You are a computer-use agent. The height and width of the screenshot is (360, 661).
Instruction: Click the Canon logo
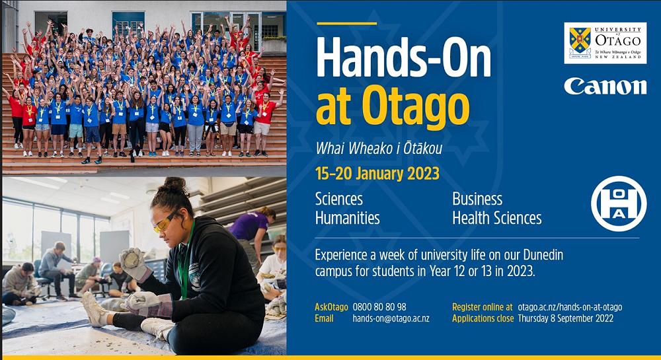coord(605,86)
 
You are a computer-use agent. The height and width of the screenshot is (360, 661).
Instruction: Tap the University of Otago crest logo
coord(605,43)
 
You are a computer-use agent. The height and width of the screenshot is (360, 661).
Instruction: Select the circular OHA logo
coord(619,203)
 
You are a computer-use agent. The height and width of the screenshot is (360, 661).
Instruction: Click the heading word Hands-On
coord(403,58)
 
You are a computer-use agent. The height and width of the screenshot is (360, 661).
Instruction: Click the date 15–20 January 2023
coord(377,174)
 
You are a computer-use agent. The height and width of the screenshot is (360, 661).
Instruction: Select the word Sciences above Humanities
coord(339,199)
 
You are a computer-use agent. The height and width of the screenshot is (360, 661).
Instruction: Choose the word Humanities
coord(348,218)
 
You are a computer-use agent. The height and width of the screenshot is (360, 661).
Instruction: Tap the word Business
coord(477,199)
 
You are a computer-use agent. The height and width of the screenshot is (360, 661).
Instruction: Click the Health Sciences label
coord(497,218)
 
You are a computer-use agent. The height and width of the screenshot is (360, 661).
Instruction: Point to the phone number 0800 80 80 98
coord(379,307)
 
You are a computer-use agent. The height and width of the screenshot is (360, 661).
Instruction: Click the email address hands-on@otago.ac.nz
coord(391,319)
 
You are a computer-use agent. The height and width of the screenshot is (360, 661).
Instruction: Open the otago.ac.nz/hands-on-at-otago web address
coord(570,307)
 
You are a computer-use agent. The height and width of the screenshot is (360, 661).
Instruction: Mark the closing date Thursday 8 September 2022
coord(566,319)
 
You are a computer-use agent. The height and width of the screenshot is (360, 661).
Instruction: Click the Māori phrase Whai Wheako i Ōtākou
coord(379,148)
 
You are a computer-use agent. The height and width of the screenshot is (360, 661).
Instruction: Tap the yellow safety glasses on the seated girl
coord(165,222)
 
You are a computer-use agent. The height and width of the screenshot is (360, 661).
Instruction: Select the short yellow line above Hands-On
coord(346,24)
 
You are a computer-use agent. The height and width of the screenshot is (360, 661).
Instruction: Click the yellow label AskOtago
coord(331,307)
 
